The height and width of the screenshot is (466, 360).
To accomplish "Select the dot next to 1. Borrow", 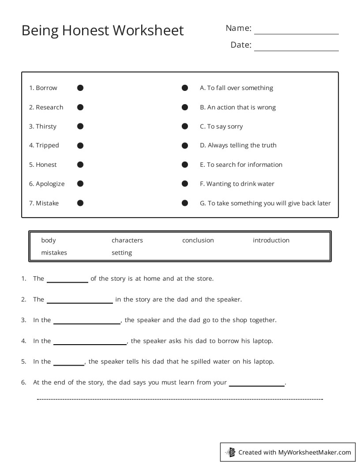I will click(80, 88).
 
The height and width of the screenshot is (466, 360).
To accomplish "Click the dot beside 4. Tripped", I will click(80, 145).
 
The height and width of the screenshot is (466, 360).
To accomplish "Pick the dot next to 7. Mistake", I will click(80, 203).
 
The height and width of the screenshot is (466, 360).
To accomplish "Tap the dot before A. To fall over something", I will click(185, 88).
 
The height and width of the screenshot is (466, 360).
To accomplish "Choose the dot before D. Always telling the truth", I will click(185, 145).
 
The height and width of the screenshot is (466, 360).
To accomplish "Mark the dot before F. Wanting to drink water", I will click(185, 184).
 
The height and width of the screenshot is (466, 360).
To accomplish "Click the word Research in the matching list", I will click(49, 107).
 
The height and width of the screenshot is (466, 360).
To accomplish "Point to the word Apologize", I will click(50, 184).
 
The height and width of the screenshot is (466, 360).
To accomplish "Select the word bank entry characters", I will click(127, 241).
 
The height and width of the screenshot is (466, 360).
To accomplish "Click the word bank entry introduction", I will click(271, 241).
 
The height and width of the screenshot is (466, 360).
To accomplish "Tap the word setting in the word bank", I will click(122, 253).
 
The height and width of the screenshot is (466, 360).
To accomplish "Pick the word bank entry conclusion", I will click(198, 241).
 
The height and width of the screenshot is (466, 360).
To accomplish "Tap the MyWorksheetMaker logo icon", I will click(230, 452).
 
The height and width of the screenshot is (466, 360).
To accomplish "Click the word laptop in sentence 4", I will click(263, 341).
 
